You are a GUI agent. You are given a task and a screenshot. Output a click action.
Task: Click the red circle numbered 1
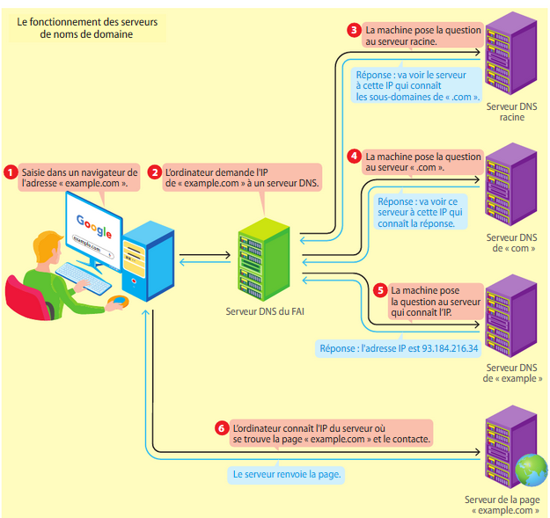click(x=11, y=172)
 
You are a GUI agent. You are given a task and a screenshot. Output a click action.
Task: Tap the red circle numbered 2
click(x=155, y=172)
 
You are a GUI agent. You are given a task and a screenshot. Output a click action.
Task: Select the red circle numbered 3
click(x=355, y=30)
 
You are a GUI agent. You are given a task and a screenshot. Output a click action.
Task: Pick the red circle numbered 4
click(x=355, y=155)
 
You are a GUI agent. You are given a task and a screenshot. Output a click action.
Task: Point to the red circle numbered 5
click(x=380, y=289)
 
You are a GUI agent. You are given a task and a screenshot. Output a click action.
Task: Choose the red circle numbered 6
click(x=221, y=428)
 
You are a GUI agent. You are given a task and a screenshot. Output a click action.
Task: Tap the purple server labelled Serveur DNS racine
click(x=511, y=56)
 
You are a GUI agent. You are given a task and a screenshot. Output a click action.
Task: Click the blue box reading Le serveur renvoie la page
click(x=286, y=474)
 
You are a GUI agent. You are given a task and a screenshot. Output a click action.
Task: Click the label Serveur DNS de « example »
click(x=512, y=373)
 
